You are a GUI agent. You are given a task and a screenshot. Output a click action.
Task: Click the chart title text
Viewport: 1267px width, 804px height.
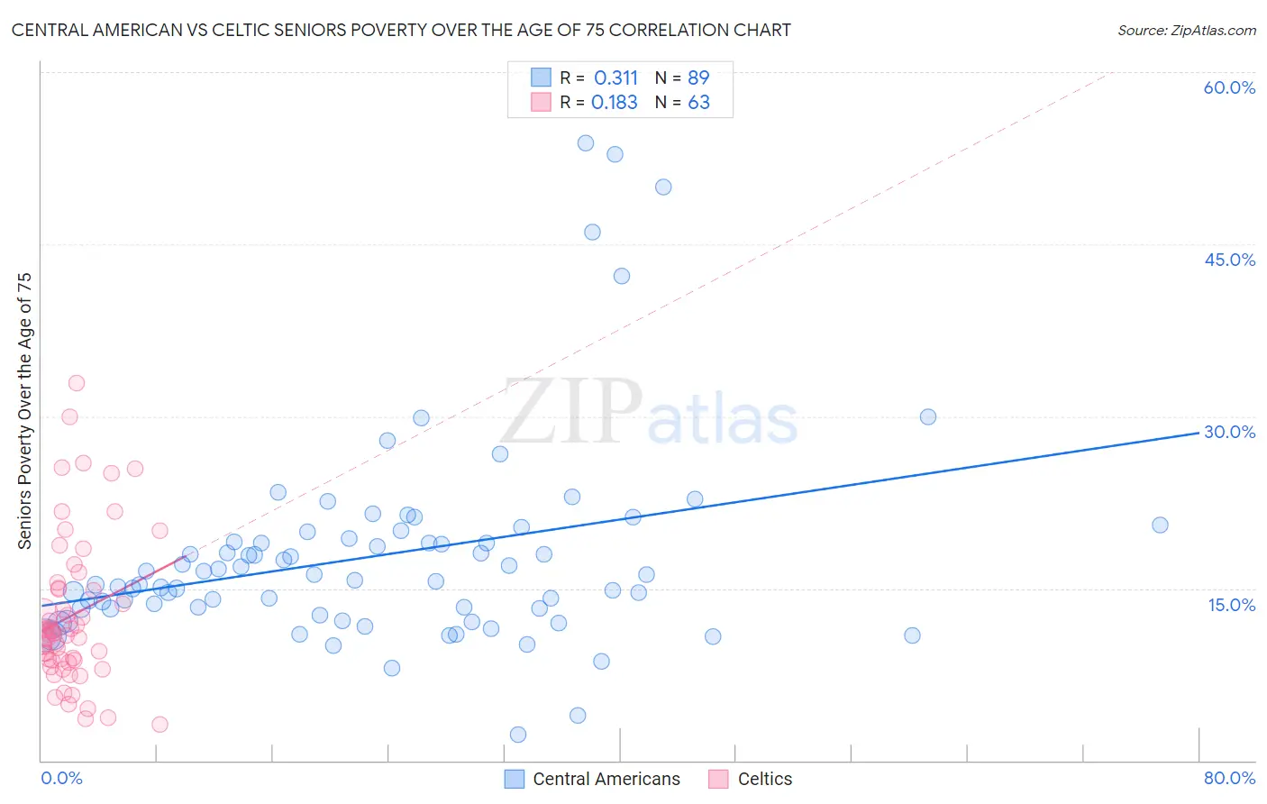pos(401,30)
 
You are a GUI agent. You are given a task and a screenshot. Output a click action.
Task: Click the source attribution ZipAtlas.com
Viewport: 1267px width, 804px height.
pos(1186,30)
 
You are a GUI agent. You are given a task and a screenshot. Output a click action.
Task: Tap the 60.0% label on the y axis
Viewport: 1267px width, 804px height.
pos(1229,87)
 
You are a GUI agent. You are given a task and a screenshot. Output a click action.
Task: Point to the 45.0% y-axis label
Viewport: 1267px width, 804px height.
pos(1229,260)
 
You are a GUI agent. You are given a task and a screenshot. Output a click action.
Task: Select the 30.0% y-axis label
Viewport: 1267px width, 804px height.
pos(1229,432)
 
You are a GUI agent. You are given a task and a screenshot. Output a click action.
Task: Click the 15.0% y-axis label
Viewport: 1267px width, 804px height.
pos(1231,604)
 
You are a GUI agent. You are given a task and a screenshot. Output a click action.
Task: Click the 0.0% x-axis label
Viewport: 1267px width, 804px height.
pos(61,778)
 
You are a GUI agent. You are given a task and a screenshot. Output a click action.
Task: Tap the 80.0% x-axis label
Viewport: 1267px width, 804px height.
pos(1229,778)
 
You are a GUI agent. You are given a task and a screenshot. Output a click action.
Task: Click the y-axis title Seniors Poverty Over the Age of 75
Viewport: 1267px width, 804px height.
pos(24,411)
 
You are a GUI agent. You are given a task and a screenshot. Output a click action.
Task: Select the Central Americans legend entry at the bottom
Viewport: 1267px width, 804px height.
pos(606,779)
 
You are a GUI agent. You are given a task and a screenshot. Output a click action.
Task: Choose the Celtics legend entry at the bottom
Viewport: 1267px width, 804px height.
pos(764,779)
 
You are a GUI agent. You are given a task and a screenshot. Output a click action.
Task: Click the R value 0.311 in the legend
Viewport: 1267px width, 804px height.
pos(615,78)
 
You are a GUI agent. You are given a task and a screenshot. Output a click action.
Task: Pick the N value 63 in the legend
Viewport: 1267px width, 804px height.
pos(698,103)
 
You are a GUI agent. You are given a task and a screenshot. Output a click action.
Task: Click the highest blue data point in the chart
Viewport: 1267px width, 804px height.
pos(586,143)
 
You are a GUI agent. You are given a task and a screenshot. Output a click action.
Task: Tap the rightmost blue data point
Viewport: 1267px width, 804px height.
pos(1160,525)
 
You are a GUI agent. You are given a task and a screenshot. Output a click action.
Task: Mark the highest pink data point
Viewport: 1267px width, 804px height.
pos(77,383)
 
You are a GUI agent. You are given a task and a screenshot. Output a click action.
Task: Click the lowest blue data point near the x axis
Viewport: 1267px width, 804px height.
pos(518,735)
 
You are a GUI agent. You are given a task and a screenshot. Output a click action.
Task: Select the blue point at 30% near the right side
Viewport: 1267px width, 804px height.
pos(928,416)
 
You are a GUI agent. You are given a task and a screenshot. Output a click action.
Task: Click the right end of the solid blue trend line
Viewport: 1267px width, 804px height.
pos(1199,433)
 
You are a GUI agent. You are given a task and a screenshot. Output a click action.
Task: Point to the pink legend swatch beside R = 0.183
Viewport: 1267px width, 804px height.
pos(541,103)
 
